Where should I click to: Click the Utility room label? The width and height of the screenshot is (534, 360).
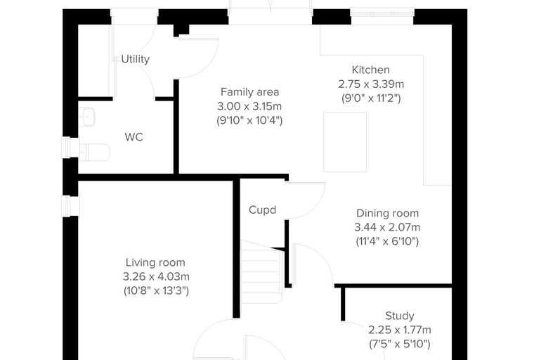click(x=135, y=59)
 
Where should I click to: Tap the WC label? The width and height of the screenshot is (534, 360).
click(x=133, y=137)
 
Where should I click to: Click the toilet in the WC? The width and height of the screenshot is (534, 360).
click(x=94, y=152)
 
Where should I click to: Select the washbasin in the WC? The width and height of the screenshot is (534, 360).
click(x=87, y=117)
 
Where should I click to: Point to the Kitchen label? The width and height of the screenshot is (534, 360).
click(x=370, y=70)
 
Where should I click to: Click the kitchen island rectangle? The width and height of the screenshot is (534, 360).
click(x=345, y=142)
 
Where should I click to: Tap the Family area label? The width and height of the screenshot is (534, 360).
click(x=249, y=92)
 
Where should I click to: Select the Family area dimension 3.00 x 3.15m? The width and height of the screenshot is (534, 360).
click(x=249, y=106)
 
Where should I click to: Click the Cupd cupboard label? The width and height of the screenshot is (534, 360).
click(x=262, y=210)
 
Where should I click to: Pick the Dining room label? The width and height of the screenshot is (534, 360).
click(x=388, y=213)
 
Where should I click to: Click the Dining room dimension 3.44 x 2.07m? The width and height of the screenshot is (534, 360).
click(x=387, y=227)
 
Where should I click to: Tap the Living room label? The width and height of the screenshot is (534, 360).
click(x=155, y=262)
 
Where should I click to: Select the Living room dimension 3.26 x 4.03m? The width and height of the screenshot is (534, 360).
click(x=156, y=276)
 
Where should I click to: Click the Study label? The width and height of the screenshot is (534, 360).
click(x=400, y=316)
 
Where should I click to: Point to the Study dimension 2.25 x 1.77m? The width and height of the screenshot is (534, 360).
click(x=400, y=330)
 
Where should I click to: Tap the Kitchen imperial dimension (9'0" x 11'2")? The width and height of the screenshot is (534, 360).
click(x=371, y=98)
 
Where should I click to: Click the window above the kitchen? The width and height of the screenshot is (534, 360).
click(x=382, y=14)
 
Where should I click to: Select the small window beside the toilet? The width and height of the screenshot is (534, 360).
click(x=67, y=148)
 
